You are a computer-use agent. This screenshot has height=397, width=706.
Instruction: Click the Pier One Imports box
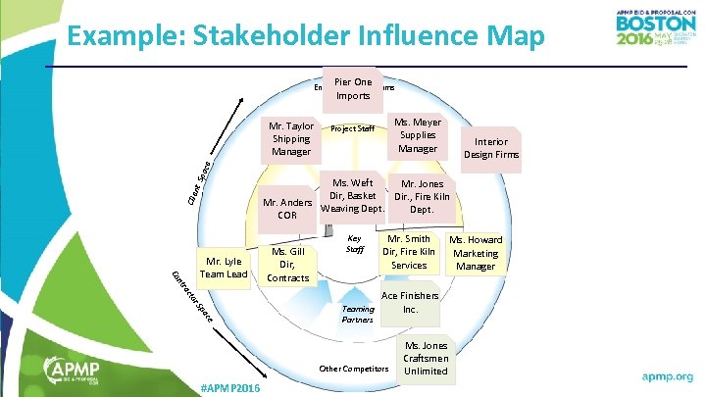[352, 89]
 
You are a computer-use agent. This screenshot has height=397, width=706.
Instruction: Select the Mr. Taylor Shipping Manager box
[291, 139]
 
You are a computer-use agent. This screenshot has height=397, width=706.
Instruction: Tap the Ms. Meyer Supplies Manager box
[418, 135]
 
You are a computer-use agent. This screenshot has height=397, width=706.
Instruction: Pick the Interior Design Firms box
[492, 147]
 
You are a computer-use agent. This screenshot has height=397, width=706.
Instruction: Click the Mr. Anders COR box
[287, 209]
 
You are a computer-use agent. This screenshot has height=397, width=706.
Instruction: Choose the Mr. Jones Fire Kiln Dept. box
[422, 197]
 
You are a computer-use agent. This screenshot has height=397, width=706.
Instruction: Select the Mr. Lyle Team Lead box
[224, 268]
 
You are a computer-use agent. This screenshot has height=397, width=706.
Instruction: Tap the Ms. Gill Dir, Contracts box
[288, 265]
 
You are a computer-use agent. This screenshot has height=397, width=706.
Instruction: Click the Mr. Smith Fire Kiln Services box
[409, 252]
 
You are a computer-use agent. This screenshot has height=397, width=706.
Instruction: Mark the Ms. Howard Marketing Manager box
[476, 253]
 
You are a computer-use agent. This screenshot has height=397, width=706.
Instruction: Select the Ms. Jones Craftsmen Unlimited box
[426, 358]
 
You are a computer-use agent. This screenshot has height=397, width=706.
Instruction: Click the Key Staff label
[355, 244]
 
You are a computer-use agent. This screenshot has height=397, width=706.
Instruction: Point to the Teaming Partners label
[358, 314]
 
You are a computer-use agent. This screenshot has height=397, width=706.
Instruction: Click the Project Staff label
[353, 128]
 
